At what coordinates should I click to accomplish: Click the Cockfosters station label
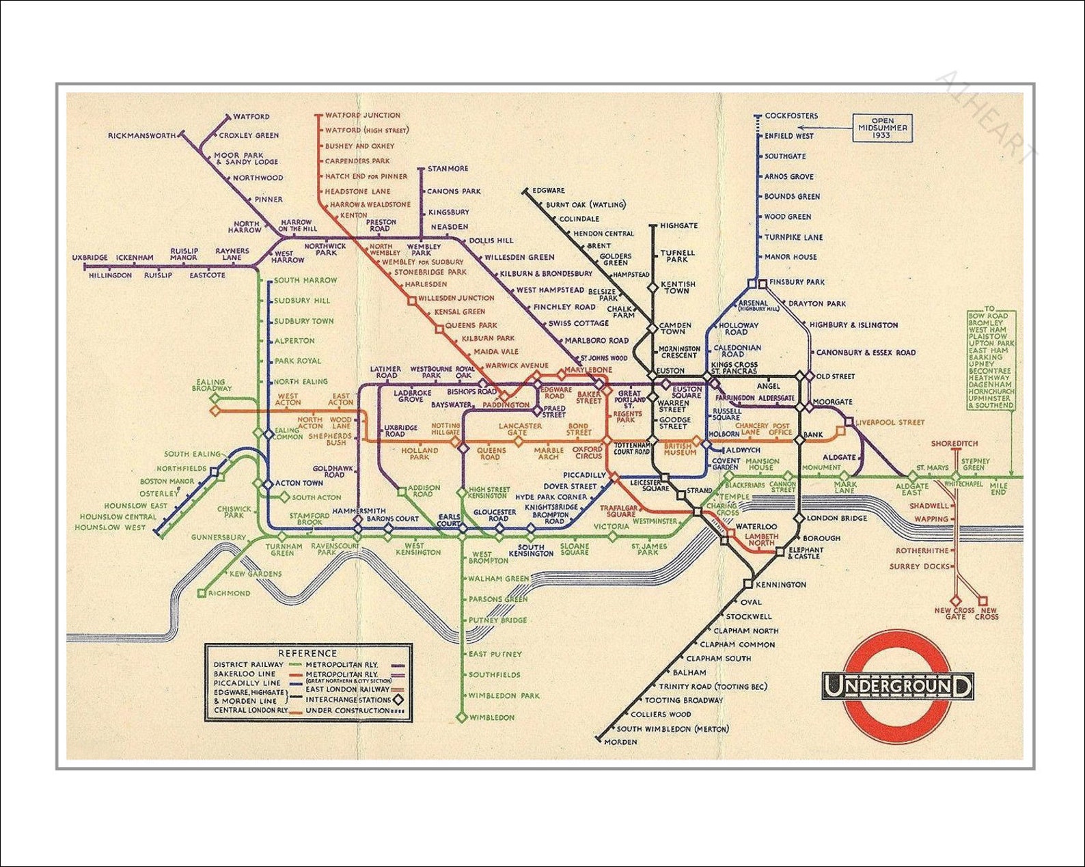tap(791, 116)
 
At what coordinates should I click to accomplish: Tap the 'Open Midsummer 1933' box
tap(882, 128)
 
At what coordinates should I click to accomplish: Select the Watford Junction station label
tap(362, 115)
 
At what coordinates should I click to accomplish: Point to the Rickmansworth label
tap(141, 136)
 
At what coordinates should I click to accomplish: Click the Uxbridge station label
tap(90, 258)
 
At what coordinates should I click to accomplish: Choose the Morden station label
tap(620, 742)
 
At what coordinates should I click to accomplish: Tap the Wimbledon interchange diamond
tap(462, 717)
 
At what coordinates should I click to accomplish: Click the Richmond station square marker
tap(201, 593)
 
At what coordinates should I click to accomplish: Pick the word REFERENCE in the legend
tap(307, 653)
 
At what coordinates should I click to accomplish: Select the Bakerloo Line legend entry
tap(245, 674)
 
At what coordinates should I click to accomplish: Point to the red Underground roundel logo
tap(896, 686)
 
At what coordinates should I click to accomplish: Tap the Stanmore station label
tap(448, 169)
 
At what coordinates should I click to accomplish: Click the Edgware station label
tap(548, 191)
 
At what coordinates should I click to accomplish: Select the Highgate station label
tap(678, 225)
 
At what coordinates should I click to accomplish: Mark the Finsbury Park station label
tap(796, 282)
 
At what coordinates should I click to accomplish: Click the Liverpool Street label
tap(890, 423)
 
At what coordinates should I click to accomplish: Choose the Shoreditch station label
tap(954, 444)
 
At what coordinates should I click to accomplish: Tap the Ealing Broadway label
tap(211, 385)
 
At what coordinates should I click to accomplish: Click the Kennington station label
tap(780, 585)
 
